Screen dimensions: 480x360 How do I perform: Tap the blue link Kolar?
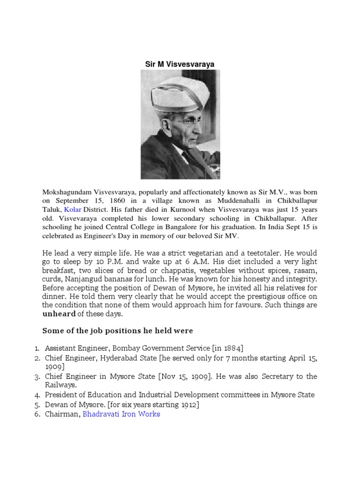click(x=72, y=209)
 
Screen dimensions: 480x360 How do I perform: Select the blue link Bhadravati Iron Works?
click(x=121, y=414)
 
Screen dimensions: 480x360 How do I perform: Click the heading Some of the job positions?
click(x=118, y=330)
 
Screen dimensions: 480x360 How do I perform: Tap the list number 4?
click(x=37, y=395)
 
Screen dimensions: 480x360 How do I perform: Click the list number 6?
click(x=37, y=414)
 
